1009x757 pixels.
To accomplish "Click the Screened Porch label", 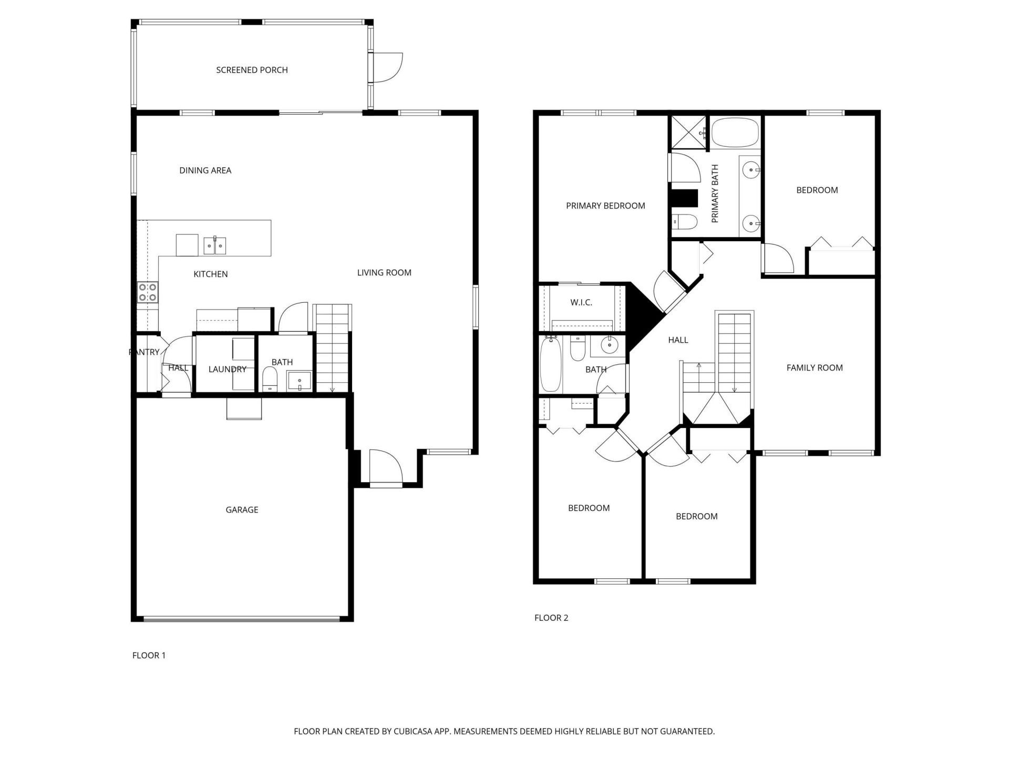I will pyautogui.click(x=252, y=70).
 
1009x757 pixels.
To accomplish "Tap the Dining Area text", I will pyautogui.click(x=205, y=170).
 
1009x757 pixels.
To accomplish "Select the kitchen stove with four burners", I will pyautogui.click(x=148, y=292).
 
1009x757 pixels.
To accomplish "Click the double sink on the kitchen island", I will pyautogui.click(x=215, y=245).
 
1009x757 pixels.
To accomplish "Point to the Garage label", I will pyautogui.click(x=242, y=509).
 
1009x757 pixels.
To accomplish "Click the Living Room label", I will pyautogui.click(x=384, y=272).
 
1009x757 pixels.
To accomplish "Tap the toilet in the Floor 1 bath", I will pyautogui.click(x=270, y=378).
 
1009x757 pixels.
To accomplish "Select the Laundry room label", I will pyautogui.click(x=227, y=369).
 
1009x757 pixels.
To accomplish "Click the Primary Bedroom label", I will pyautogui.click(x=605, y=206).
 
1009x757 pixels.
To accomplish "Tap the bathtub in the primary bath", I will pyautogui.click(x=735, y=132).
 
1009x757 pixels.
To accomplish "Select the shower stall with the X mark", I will pyautogui.click(x=687, y=132).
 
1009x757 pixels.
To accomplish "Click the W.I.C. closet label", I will pyautogui.click(x=581, y=302).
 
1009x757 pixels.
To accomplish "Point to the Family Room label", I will pyautogui.click(x=815, y=368).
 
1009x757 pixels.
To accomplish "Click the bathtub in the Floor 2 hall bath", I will pyautogui.click(x=551, y=365).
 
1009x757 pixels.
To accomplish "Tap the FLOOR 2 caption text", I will pyautogui.click(x=551, y=618).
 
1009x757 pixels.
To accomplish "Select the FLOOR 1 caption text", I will pyautogui.click(x=149, y=655).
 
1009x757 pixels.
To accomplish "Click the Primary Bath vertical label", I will pyautogui.click(x=715, y=193).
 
